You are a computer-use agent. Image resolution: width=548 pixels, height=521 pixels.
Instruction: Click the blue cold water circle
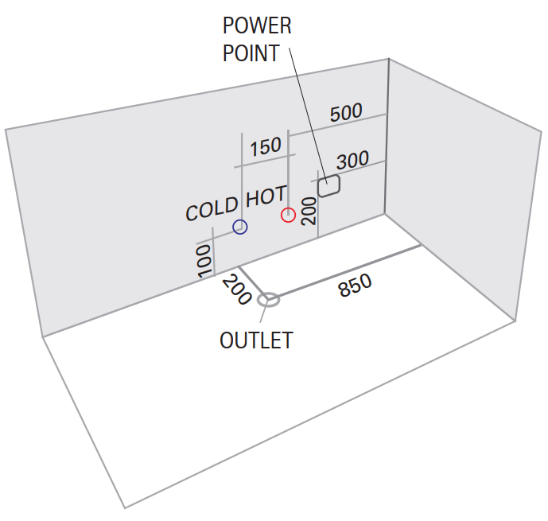[x=240, y=227]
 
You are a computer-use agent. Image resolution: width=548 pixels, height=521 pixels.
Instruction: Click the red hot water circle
[x=288, y=215]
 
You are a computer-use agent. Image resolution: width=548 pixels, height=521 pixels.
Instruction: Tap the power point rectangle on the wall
[x=328, y=187]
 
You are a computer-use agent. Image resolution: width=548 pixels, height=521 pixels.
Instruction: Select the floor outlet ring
[x=269, y=300]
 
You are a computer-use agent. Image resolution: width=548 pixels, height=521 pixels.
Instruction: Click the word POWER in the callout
[x=257, y=26]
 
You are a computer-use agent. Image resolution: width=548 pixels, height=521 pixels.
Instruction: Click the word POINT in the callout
[x=251, y=53]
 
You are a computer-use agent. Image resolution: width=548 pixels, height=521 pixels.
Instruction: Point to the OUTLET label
[x=256, y=340]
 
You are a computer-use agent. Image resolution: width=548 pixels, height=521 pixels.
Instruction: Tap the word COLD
[x=212, y=209]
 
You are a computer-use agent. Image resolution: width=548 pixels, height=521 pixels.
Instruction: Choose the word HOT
[x=266, y=196]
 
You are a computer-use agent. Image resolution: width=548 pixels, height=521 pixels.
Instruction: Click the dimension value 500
[x=346, y=113]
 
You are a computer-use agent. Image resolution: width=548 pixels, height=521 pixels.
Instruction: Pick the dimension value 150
[x=265, y=146]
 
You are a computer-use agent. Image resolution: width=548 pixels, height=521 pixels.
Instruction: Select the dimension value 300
[x=352, y=160]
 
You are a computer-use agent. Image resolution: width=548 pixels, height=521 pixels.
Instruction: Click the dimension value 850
[x=355, y=286]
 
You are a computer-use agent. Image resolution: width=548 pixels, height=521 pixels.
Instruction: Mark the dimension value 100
[x=204, y=260]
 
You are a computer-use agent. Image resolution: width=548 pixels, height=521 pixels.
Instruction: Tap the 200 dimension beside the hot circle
[x=309, y=212]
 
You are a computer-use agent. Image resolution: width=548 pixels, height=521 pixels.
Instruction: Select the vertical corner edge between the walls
[x=387, y=135]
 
